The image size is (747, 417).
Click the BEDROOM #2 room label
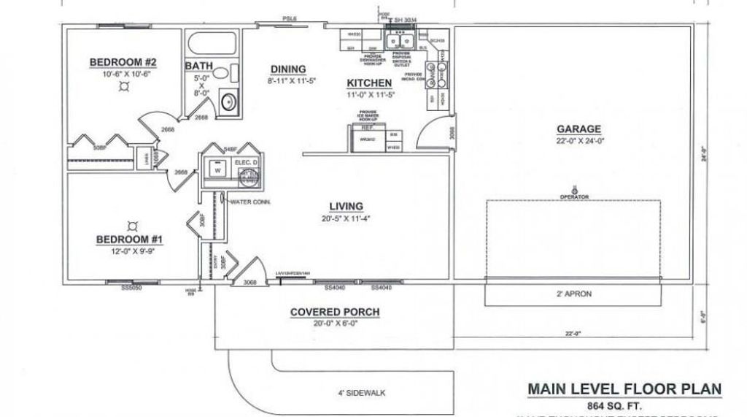click(123, 62)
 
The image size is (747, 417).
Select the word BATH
click(198, 66)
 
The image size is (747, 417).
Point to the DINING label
click(287, 69)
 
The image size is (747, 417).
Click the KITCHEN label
click(369, 83)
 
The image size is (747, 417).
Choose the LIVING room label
click(346, 207)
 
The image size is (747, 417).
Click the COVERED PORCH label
click(335, 313)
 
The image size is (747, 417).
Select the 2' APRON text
click(574, 294)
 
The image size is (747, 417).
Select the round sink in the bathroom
click(228, 101)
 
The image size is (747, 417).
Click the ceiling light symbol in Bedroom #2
click(123, 85)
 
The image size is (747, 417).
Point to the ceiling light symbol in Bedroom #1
click(132, 225)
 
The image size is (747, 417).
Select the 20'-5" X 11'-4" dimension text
click(346, 218)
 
